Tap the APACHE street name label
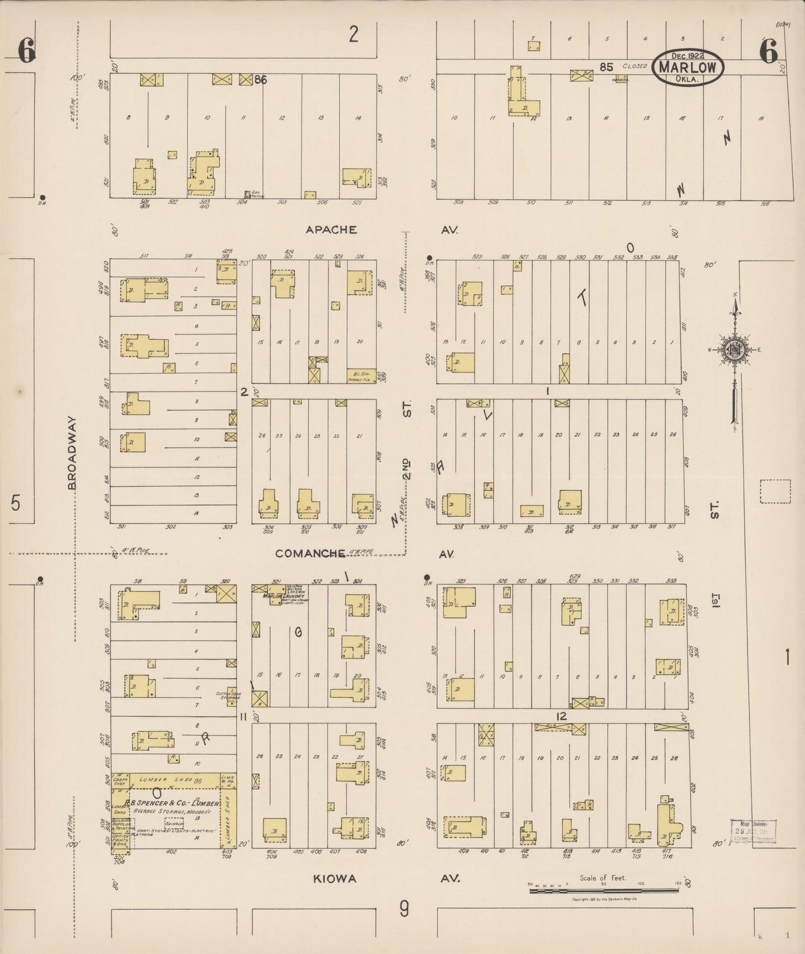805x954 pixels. tap(331, 229)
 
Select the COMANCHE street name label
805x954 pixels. tap(310, 553)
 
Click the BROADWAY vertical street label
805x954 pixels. tap(72, 454)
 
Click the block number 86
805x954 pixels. tap(260, 80)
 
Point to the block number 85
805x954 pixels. tap(606, 67)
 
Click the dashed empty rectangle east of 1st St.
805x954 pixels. tap(775, 491)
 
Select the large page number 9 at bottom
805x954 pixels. tap(404, 909)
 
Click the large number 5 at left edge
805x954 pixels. tap(16, 502)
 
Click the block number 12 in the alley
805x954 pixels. tap(561, 716)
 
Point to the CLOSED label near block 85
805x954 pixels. tap(635, 66)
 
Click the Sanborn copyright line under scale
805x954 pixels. tap(604, 899)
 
